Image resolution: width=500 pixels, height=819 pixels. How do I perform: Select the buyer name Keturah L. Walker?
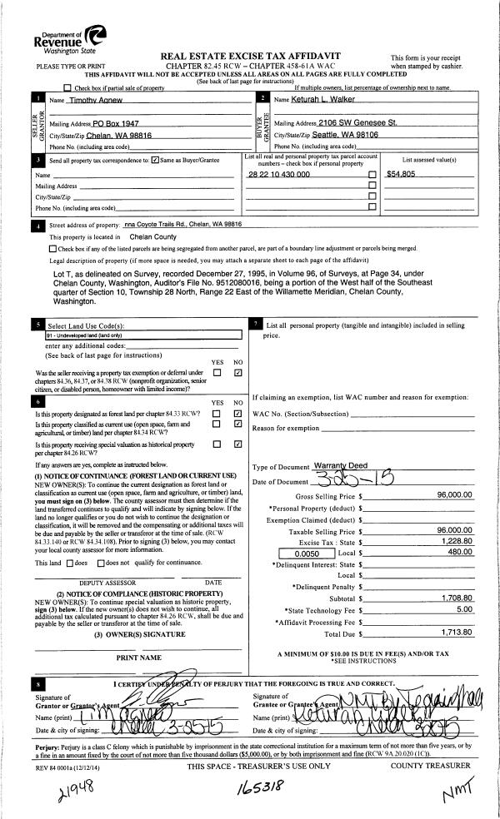(x=324, y=100)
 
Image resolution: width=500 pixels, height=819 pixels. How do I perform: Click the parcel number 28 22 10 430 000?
(x=278, y=175)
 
